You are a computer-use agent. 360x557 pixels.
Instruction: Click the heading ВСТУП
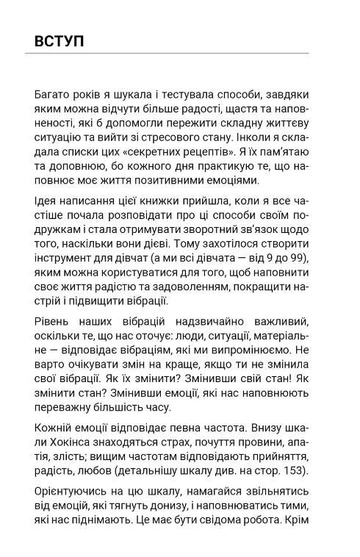coord(59,40)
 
